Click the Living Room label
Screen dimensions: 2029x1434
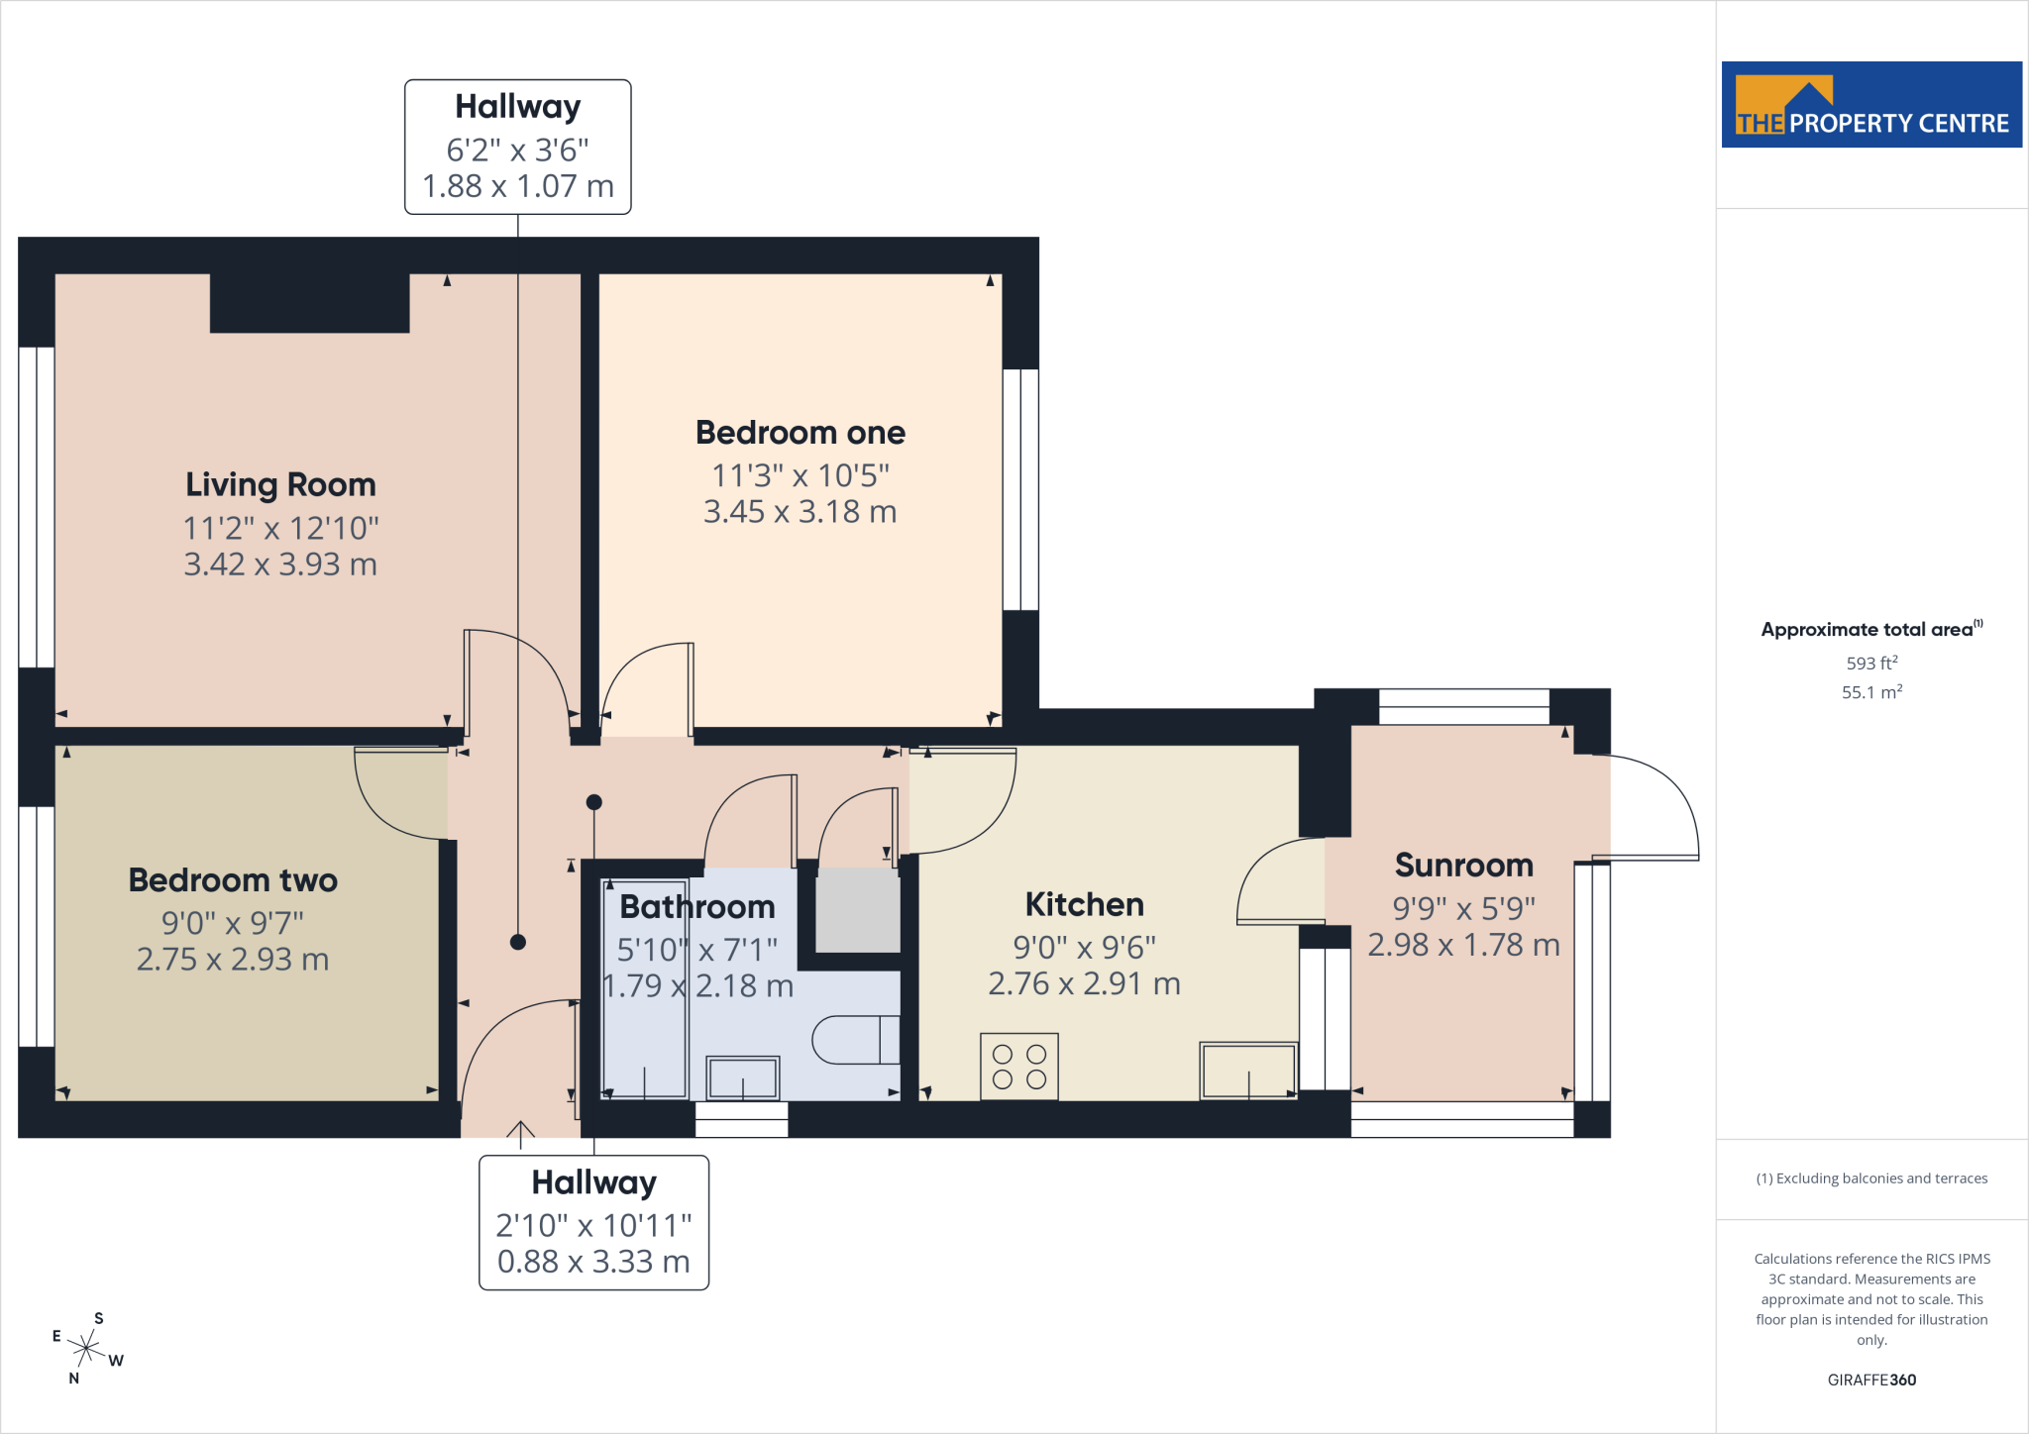coord(280,484)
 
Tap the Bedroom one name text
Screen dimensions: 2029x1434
coord(801,433)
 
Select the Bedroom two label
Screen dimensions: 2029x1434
coord(233,880)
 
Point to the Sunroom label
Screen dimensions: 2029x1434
coord(1464,866)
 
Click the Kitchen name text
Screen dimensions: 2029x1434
coord(1085,904)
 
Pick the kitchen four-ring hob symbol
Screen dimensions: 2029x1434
coord(1019,1067)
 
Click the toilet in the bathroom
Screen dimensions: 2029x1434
coord(856,1040)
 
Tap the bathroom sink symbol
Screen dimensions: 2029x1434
coord(743,1077)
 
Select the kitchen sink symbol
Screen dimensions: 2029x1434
coord(1248,1071)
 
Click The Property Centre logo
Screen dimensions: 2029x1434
coord(1871,105)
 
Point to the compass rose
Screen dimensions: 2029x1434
coord(87,1348)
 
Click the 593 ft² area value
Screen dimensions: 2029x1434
coord(1871,663)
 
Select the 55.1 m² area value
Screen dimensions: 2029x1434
coord(1871,692)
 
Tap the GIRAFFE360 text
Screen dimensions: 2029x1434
coord(1871,1380)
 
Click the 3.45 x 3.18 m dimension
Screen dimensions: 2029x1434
coord(801,512)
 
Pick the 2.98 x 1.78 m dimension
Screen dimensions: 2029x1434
coord(1464,945)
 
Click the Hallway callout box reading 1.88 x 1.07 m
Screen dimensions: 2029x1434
coord(518,147)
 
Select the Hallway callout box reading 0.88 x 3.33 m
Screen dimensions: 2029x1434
coord(594,1223)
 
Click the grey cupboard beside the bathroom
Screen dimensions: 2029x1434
coord(858,910)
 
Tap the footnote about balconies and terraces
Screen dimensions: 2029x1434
coord(1871,1178)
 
